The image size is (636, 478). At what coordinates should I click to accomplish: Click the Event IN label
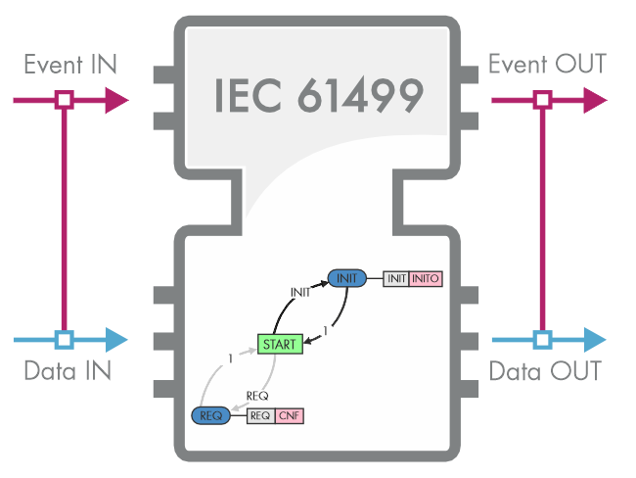[69, 65]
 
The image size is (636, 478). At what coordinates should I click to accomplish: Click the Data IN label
[68, 372]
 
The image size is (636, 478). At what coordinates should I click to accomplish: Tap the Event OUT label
[547, 65]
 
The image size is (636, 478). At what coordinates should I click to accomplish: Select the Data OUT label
[545, 372]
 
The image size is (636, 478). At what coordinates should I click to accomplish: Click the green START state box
[280, 344]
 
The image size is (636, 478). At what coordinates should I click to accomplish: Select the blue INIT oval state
[346, 278]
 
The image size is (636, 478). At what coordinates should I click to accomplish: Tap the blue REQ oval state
[209, 415]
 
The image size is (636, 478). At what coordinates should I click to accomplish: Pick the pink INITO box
[426, 279]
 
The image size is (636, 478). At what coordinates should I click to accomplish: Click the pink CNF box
[290, 416]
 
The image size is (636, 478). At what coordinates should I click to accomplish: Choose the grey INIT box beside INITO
[396, 279]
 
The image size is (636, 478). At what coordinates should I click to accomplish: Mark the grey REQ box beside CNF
[260, 416]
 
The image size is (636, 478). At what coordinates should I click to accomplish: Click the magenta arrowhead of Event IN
[116, 99]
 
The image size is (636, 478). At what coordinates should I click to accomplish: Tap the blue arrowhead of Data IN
[116, 340]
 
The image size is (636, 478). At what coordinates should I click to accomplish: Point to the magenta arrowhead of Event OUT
[594, 99]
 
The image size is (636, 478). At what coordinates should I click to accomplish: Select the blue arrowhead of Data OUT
[594, 340]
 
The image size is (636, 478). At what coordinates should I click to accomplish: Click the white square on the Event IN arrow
[64, 99]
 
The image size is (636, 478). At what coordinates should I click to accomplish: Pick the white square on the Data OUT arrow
[541, 340]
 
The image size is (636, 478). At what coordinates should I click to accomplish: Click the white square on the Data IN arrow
[64, 340]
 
